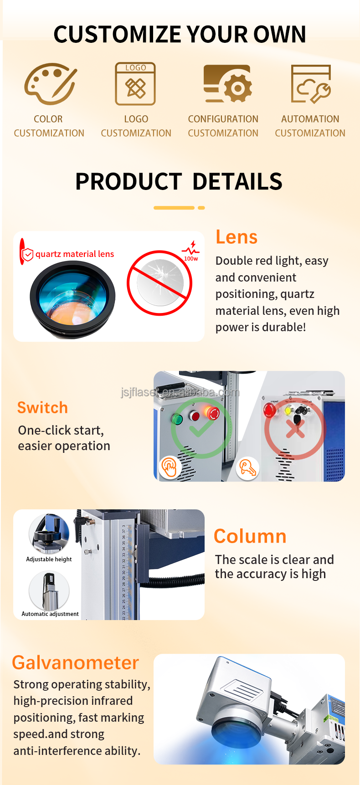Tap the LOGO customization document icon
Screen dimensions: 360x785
135,84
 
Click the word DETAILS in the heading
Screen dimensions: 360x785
237,181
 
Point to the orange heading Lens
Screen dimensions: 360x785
237,237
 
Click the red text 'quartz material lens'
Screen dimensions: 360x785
75,254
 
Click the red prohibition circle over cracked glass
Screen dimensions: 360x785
159,283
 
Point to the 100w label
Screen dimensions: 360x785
191,258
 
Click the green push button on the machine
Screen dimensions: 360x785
177,419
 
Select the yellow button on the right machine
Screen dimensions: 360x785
288,410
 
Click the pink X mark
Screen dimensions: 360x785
295,428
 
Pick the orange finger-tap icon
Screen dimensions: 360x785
170,467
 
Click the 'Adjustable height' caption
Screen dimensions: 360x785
49,559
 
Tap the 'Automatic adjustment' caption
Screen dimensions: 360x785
50,614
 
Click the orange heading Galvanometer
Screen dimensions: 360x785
75,662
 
